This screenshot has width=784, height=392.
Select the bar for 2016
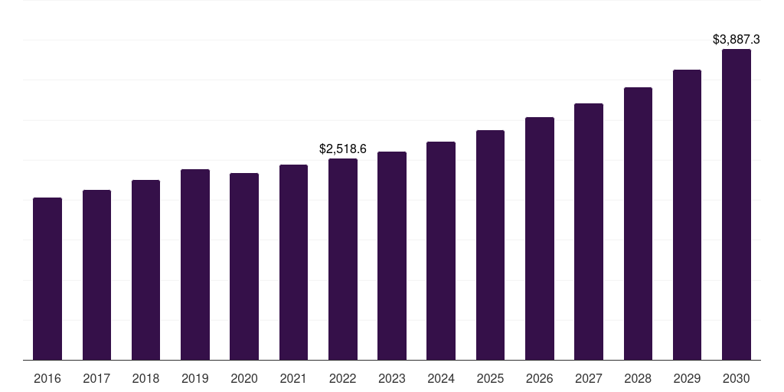click(47, 279)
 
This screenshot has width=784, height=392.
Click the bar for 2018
click(145, 269)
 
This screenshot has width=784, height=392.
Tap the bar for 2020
click(244, 266)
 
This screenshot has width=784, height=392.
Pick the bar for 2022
click(343, 259)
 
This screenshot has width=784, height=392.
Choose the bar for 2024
click(441, 250)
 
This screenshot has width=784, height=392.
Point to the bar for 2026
click(540, 238)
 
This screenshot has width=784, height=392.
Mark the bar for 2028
click(638, 224)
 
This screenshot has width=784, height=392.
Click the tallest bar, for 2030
click(737, 204)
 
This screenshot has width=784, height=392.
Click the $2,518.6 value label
click(343, 149)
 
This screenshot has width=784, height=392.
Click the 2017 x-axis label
click(96, 378)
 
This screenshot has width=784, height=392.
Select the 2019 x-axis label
click(195, 378)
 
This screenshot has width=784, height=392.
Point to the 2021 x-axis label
click(293, 378)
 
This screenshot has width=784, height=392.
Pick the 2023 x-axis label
click(392, 378)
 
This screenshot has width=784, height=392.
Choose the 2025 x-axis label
click(490, 378)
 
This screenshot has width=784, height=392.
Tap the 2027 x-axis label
click(589, 378)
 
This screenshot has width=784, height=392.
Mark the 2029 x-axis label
click(687, 378)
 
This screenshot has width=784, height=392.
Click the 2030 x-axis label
click(737, 378)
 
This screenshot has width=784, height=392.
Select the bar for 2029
click(687, 214)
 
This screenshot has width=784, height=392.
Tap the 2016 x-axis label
click(47, 378)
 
